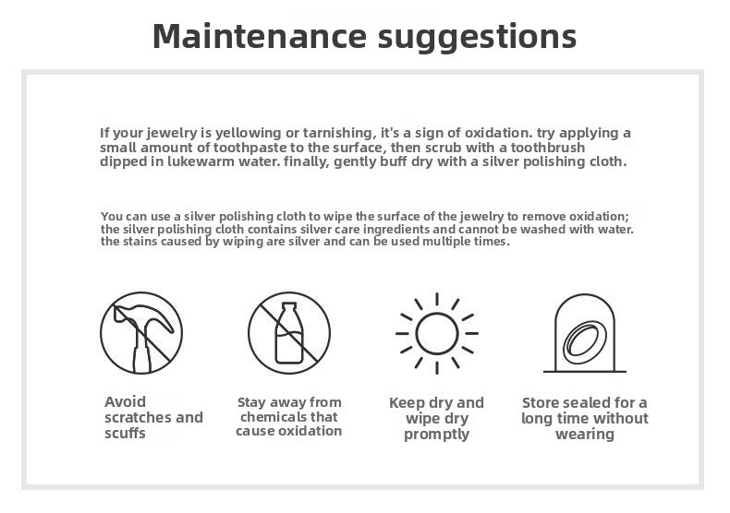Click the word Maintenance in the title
[x=260, y=36]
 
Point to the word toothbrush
[x=548, y=148]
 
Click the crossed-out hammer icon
[x=141, y=333]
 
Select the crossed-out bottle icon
[x=289, y=333]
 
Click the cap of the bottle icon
[x=289, y=307]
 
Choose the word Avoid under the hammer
[x=126, y=401]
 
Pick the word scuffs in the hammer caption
[x=126, y=433]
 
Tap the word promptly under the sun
[x=437, y=435]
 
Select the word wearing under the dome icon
[x=585, y=435]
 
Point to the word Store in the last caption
[x=541, y=402]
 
